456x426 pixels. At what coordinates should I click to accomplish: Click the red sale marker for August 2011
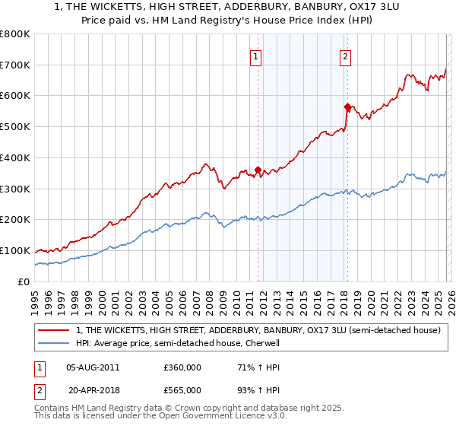258,170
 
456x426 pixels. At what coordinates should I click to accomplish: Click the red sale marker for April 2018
347,106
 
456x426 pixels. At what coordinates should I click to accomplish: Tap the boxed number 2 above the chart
345,56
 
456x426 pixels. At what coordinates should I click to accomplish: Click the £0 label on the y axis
24,281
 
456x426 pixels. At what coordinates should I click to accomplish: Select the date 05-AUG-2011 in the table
93,367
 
